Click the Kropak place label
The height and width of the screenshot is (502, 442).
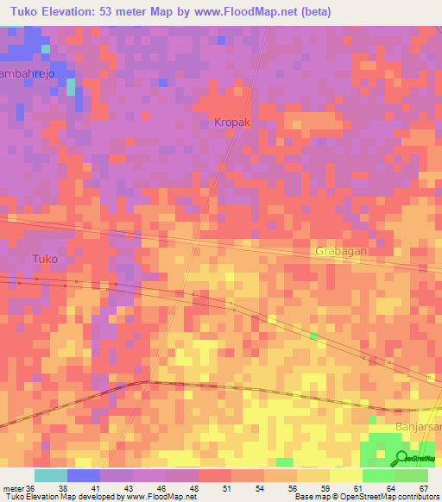pyautogui.click(x=232, y=122)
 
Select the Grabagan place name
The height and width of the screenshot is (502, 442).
pyautogui.click(x=344, y=251)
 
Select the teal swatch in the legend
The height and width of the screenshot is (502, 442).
pyautogui.click(x=51, y=474)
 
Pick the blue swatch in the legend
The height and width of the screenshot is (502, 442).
pyautogui.click(x=84, y=474)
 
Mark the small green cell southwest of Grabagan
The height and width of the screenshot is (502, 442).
pyautogui.click(x=313, y=335)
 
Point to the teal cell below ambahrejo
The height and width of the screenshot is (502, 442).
pyautogui.click(x=71, y=86)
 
